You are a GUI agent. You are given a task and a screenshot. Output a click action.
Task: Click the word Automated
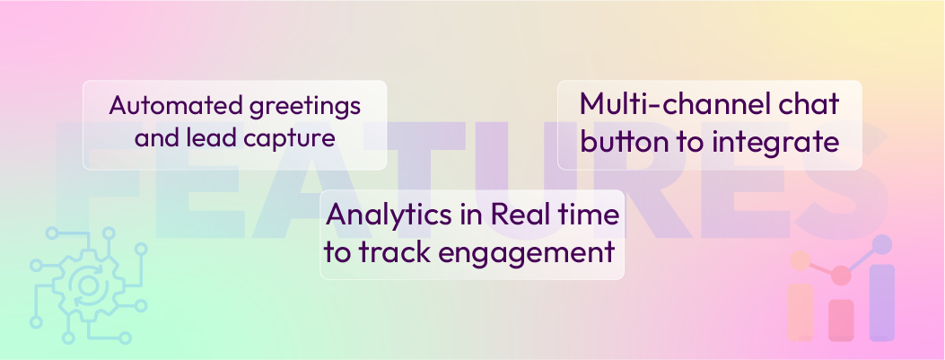point(163,106)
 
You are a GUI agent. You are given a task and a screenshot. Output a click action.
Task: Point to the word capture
point(289,139)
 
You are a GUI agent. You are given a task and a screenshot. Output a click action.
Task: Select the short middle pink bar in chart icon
point(841,320)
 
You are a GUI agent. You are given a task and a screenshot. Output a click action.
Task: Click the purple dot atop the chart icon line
point(882,243)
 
